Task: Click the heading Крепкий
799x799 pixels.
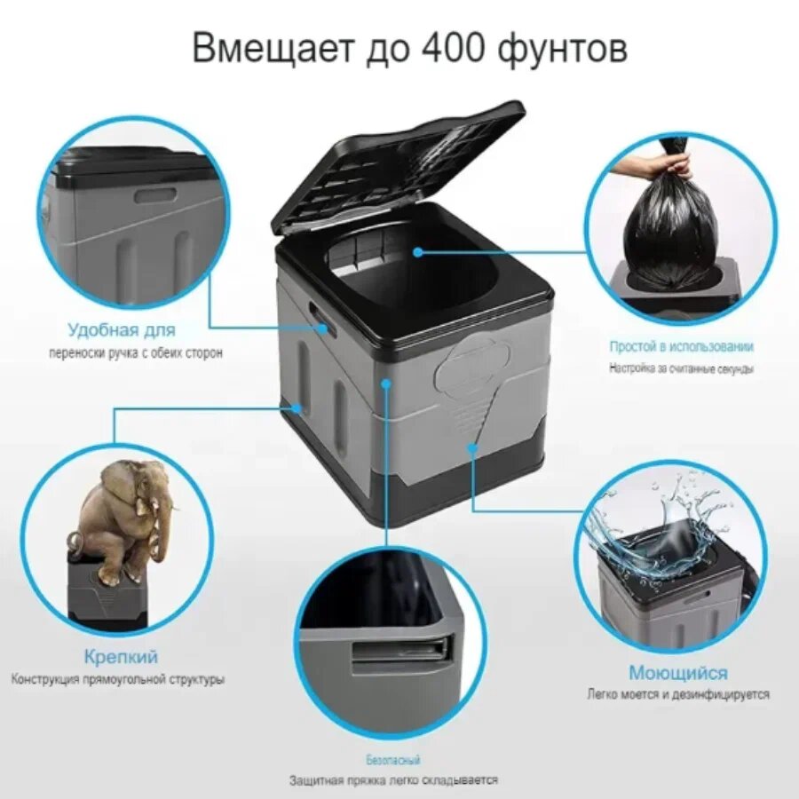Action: pos(121,656)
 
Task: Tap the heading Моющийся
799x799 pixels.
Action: pos(677,673)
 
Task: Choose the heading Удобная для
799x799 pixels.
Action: pos(122,329)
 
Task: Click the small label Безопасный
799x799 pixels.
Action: pos(393,760)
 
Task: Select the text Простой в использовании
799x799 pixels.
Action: pos(681,346)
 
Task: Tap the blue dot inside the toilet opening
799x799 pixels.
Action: pos(418,252)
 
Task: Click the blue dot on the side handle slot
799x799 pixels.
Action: pos(322,328)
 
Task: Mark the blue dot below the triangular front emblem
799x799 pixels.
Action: pos(472,448)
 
